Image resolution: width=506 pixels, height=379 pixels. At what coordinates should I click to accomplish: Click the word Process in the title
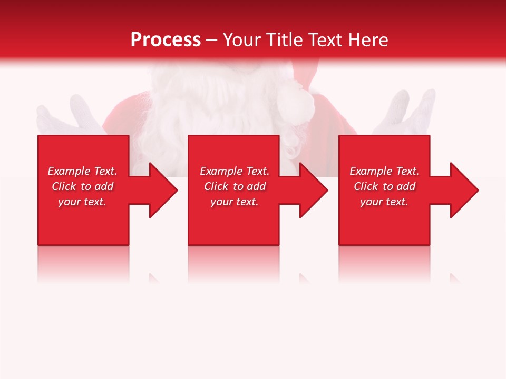pyautogui.click(x=166, y=39)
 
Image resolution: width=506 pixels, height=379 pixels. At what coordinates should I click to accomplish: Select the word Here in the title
pyautogui.click(x=368, y=39)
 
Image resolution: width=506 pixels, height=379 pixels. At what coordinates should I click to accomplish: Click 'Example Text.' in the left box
pyautogui.click(x=82, y=171)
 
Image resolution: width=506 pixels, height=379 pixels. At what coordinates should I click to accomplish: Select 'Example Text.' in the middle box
pyautogui.click(x=235, y=171)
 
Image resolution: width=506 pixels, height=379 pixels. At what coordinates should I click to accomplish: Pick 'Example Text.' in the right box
pyautogui.click(x=384, y=171)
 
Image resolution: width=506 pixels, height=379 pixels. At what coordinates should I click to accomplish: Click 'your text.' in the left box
pyautogui.click(x=82, y=202)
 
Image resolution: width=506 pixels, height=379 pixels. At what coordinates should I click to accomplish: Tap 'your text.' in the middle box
pyautogui.click(x=235, y=202)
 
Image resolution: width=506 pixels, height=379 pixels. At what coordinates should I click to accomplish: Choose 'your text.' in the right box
pyautogui.click(x=384, y=202)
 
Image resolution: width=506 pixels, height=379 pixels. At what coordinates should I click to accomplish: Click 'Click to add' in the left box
pyautogui.click(x=82, y=186)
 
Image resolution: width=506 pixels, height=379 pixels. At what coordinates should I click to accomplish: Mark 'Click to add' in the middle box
pyautogui.click(x=235, y=186)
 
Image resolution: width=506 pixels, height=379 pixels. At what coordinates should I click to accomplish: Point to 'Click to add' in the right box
pyautogui.click(x=384, y=186)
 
